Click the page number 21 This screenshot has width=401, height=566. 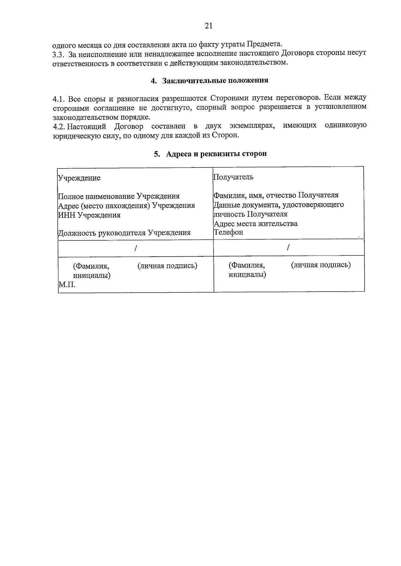(208, 26)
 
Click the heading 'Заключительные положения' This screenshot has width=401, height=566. (215, 81)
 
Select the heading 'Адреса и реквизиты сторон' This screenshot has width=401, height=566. (216, 154)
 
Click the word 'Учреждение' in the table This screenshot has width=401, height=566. (80, 178)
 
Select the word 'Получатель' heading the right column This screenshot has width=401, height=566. (233, 177)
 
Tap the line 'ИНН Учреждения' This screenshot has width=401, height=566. (89, 215)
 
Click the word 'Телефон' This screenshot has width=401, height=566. (229, 232)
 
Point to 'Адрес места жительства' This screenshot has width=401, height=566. (256, 224)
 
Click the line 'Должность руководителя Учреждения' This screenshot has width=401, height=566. (124, 233)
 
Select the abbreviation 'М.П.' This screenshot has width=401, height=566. (67, 285)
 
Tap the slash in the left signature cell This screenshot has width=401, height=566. (136, 248)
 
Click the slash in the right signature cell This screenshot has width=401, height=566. (288, 247)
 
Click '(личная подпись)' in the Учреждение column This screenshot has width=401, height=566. (167, 266)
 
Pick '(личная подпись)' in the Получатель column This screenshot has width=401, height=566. (321, 265)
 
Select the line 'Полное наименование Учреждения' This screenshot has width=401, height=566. (119, 196)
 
